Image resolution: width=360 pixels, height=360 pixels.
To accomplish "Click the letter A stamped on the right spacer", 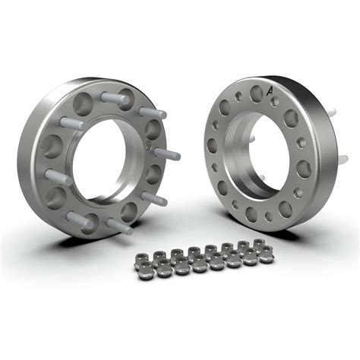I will click(x=270, y=91).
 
